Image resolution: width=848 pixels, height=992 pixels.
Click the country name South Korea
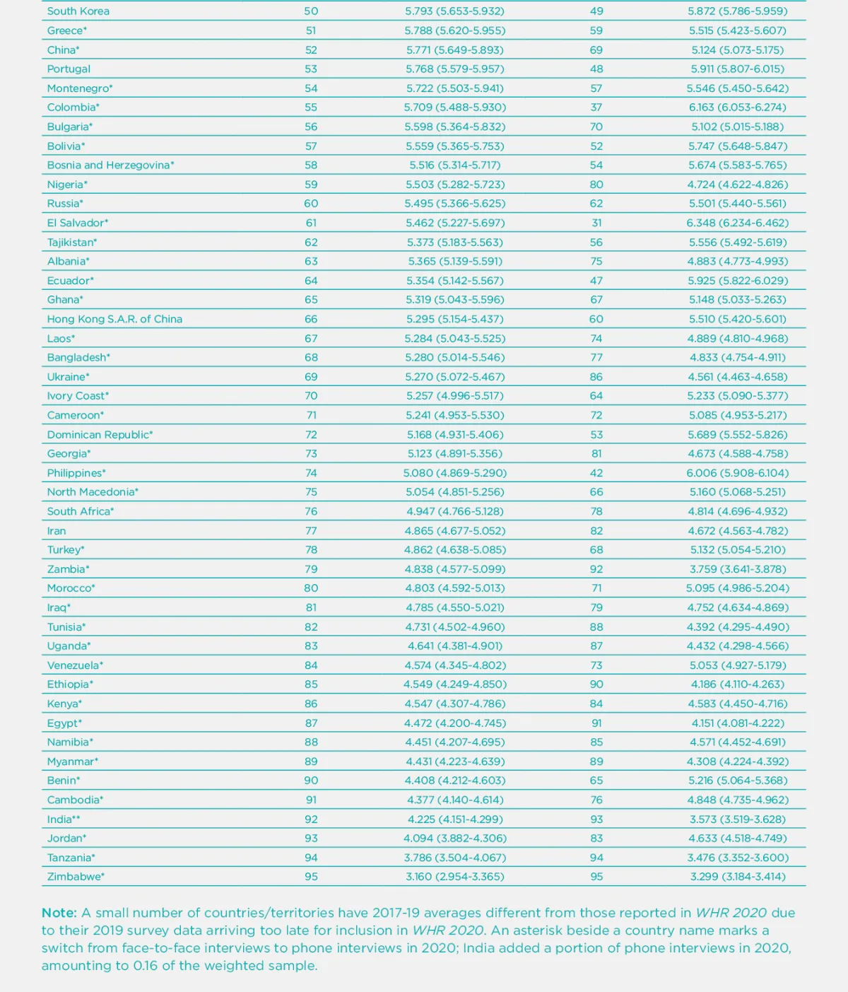[x=78, y=11]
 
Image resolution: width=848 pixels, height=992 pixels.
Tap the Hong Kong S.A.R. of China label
[x=114, y=319]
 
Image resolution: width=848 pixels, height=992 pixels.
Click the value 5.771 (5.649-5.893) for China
[x=454, y=50]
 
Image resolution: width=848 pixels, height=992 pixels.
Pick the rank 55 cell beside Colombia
[x=311, y=107]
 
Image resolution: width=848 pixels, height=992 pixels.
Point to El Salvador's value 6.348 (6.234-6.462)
[x=737, y=223]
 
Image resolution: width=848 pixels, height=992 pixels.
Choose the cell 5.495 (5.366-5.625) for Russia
[x=454, y=204]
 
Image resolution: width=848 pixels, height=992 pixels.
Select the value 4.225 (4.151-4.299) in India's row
[x=454, y=819]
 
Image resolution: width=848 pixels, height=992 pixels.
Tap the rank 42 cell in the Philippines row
[x=596, y=473]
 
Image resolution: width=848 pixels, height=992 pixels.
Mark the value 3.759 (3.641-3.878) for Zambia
[x=737, y=569]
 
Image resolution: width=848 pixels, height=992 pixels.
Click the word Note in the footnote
[x=59, y=913]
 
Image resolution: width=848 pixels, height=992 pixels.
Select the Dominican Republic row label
[x=100, y=435]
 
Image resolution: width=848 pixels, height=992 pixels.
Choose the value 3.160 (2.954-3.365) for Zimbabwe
[x=454, y=877]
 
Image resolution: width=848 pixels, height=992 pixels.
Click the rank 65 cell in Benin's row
[x=596, y=781]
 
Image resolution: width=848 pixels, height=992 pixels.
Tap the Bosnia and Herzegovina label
[x=110, y=165]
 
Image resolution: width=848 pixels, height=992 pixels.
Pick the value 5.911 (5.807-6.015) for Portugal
[x=737, y=69]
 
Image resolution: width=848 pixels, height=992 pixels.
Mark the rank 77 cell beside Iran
[x=311, y=531]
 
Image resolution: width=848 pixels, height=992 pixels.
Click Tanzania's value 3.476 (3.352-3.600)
[x=737, y=858]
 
